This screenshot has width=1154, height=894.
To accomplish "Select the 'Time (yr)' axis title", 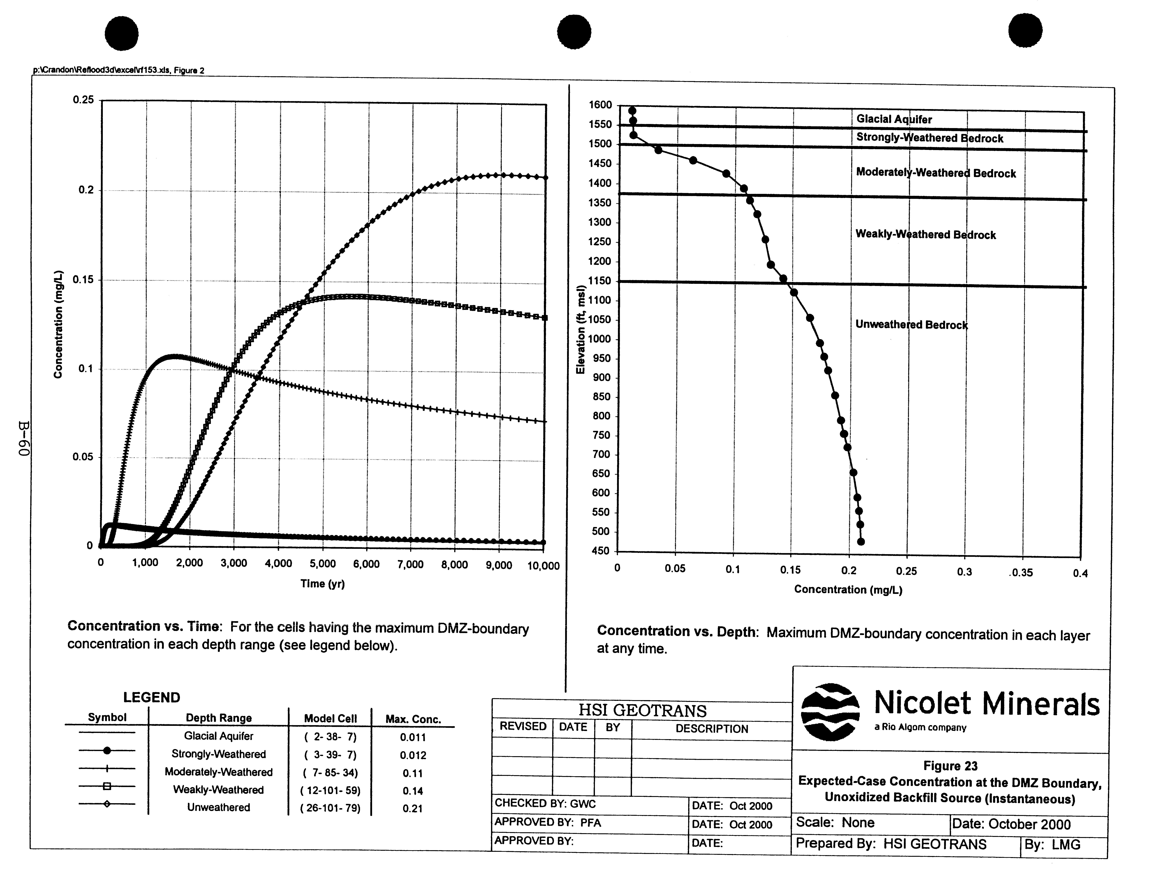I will [x=322, y=584].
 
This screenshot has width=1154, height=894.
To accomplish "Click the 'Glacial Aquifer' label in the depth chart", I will [x=894, y=120].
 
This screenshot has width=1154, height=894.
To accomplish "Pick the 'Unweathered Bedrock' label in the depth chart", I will [x=912, y=325].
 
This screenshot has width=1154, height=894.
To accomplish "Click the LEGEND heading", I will [x=152, y=697].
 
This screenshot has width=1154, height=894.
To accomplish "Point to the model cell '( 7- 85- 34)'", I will [x=330, y=773].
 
